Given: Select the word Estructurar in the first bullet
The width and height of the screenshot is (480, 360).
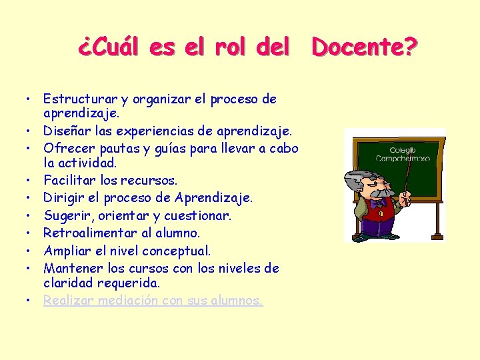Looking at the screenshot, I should coord(75,99).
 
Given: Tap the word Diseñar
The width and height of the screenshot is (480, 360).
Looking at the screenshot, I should coord(65,131).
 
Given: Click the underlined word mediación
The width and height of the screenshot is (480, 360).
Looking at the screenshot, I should coord(127,301).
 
